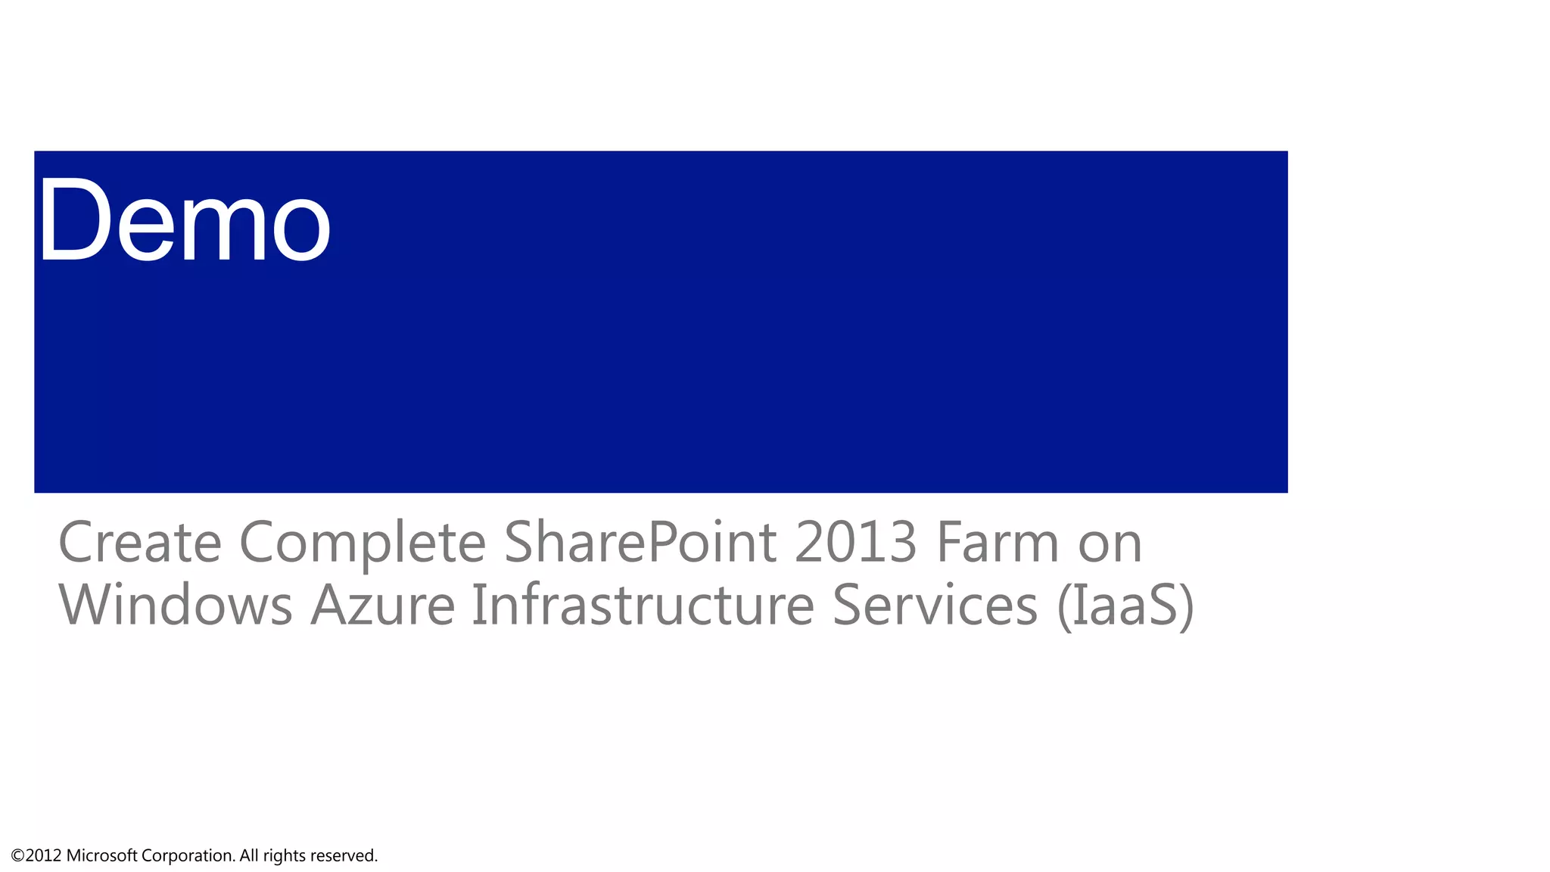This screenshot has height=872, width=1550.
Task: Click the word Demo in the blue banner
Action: pyautogui.click(x=185, y=220)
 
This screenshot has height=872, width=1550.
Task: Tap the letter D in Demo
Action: pyautogui.click(x=73, y=220)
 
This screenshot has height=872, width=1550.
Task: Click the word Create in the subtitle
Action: pyautogui.click(x=139, y=543)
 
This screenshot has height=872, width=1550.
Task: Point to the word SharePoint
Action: pyautogui.click(x=640, y=543)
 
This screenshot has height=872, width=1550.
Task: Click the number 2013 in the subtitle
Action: pyautogui.click(x=856, y=543)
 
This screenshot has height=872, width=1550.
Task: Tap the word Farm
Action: pyautogui.click(x=998, y=543)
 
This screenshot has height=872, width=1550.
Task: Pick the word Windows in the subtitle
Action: pyautogui.click(x=175, y=606)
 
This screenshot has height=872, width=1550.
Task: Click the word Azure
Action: pyautogui.click(x=383, y=606)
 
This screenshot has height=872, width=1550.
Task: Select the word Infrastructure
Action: pyautogui.click(x=643, y=606)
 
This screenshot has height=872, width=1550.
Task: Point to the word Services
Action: pyautogui.click(x=935, y=606)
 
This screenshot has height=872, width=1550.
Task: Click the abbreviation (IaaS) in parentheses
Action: pyautogui.click(x=1125, y=606)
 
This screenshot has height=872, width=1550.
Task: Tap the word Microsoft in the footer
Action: pyautogui.click(x=101, y=856)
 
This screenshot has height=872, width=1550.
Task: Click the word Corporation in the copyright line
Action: pyautogui.click(x=188, y=856)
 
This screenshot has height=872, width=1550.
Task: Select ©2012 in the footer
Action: pyautogui.click(x=36, y=856)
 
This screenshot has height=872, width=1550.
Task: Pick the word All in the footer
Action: pyautogui.click(x=249, y=856)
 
